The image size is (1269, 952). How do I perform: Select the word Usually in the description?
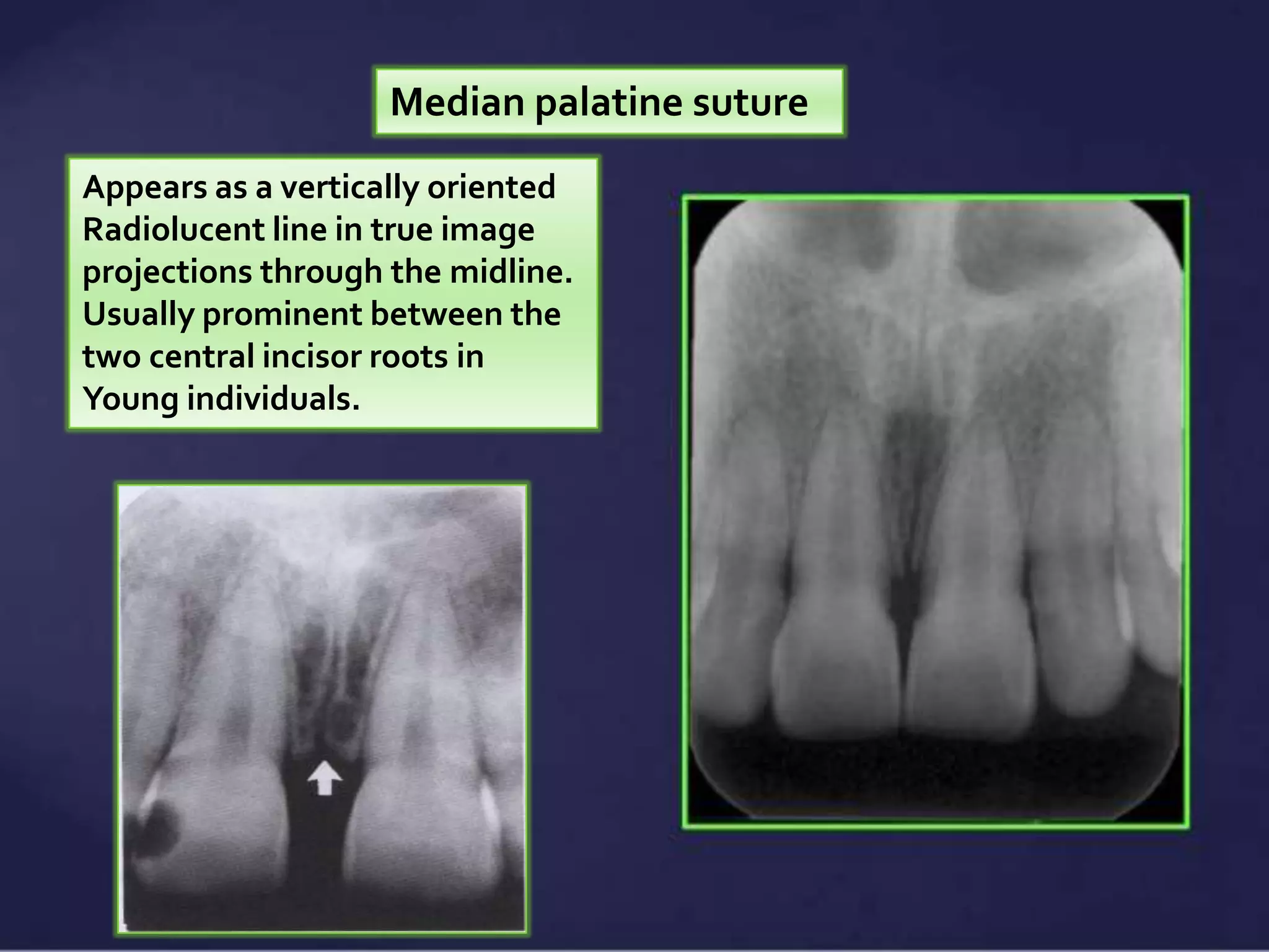(138, 315)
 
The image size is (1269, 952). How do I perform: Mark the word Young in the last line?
(130, 399)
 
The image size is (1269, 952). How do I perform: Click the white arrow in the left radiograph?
(325, 778)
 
